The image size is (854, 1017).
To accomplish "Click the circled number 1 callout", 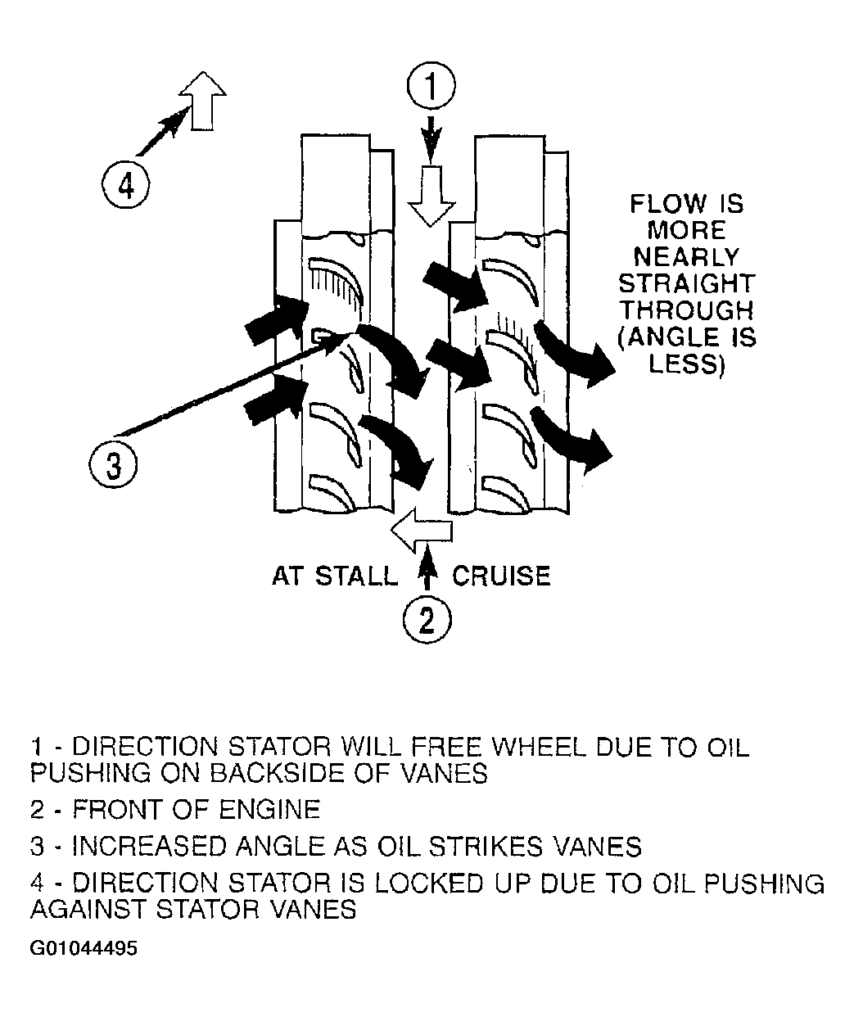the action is click(x=431, y=86).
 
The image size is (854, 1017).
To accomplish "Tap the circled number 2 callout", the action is click(x=427, y=619).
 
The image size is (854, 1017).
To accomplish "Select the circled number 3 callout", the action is click(x=113, y=464).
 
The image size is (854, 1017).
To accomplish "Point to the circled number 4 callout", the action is click(x=126, y=186).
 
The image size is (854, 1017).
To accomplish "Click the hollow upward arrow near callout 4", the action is click(x=203, y=101).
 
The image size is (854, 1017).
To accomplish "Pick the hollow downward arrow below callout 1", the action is click(x=431, y=196).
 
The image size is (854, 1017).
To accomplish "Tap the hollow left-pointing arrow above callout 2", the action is click(x=422, y=531).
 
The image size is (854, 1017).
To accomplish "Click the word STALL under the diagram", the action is click(x=356, y=576).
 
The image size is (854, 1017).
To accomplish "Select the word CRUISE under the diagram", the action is click(x=501, y=576).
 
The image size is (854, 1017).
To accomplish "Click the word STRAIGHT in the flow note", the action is click(x=686, y=283).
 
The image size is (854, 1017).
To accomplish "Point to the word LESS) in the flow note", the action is click(x=687, y=364).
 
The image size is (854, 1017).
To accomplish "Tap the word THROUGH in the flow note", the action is click(x=686, y=310).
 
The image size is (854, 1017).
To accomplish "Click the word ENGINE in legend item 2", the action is click(x=269, y=810).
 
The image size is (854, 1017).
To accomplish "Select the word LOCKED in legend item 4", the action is click(x=428, y=884).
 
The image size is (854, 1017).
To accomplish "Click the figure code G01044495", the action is click(x=84, y=948).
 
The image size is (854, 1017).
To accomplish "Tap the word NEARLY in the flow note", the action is click(x=686, y=256).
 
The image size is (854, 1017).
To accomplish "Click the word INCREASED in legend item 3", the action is click(x=150, y=846).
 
